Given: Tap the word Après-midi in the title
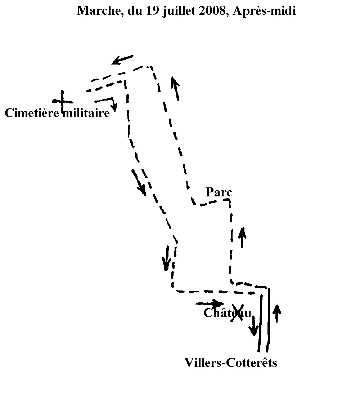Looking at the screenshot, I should pyautogui.click(x=264, y=12).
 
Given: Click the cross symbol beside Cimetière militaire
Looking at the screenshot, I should pyautogui.click(x=63, y=101).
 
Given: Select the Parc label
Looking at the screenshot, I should pyautogui.click(x=219, y=192).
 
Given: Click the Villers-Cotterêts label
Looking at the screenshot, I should pyautogui.click(x=230, y=362).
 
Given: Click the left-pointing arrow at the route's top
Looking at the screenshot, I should pyautogui.click(x=122, y=59).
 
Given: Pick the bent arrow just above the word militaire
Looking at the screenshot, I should pyautogui.click(x=108, y=102).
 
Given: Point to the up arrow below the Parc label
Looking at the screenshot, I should pyautogui.click(x=242, y=237).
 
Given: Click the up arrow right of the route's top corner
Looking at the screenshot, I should pyautogui.click(x=175, y=88).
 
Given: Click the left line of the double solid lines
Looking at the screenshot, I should pyautogui.click(x=260, y=323).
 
